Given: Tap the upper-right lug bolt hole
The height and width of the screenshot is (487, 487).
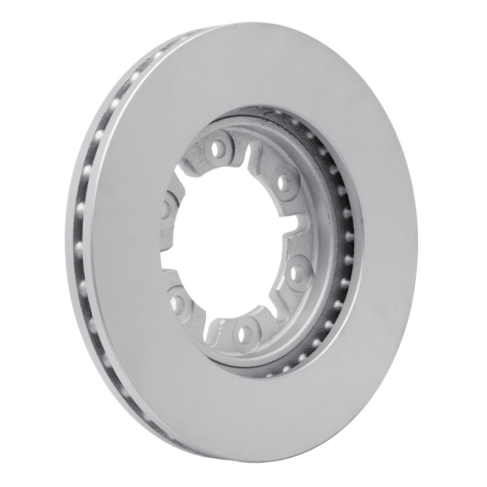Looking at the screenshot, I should [284, 181].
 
